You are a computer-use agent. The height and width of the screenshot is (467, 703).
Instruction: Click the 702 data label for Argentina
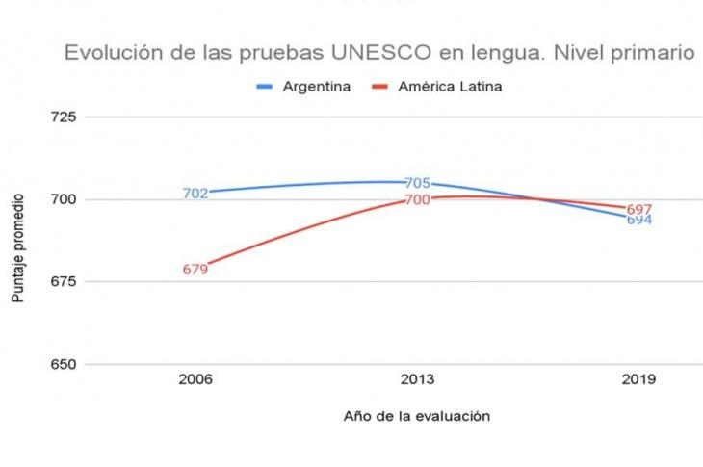click(195, 194)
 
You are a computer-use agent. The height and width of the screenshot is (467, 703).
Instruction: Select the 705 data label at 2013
click(417, 183)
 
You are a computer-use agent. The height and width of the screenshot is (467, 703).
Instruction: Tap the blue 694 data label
click(639, 220)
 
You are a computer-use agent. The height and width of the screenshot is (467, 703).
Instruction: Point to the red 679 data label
click(195, 270)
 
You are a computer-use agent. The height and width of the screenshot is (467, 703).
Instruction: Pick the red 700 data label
click(417, 200)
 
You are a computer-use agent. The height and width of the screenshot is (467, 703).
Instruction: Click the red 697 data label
click(639, 209)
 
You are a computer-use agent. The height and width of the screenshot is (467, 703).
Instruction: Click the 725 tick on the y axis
click(63, 117)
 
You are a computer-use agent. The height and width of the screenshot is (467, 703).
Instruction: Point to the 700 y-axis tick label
click(63, 199)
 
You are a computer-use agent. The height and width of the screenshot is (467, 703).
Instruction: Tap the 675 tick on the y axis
click(63, 282)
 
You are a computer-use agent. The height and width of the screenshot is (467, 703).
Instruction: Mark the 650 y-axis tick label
click(63, 365)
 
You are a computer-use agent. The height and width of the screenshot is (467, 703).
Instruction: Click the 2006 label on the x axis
click(195, 379)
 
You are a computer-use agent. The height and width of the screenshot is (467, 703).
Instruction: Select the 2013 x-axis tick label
click(417, 379)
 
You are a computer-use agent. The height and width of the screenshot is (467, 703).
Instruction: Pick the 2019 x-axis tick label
click(638, 379)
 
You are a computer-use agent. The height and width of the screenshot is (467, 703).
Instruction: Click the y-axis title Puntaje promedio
click(18, 248)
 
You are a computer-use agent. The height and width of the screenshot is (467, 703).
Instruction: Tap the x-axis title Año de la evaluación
click(417, 416)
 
